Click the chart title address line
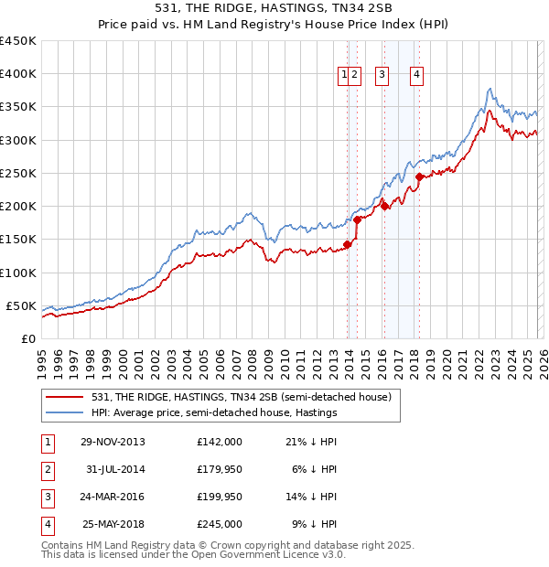click(x=274, y=8)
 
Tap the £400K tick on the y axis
click(x=18, y=74)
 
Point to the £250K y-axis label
click(x=18, y=173)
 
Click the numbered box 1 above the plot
click(x=345, y=75)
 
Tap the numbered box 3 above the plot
click(x=382, y=75)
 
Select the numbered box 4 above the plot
click(x=416, y=75)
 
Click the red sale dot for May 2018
click(x=419, y=177)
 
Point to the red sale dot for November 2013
click(x=348, y=244)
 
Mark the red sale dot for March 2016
click(x=384, y=206)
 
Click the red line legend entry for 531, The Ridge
click(x=242, y=397)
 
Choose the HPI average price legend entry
click(x=214, y=412)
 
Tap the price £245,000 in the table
click(x=219, y=525)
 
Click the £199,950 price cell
click(x=219, y=497)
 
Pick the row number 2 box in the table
click(x=47, y=469)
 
